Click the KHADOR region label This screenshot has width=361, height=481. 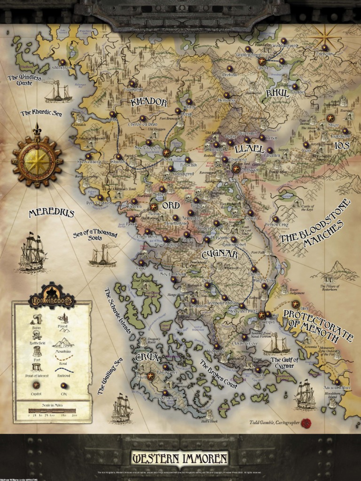point(149,102)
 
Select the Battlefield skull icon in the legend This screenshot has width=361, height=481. point(37,334)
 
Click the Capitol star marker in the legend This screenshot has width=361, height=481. point(37,385)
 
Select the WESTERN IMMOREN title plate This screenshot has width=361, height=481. point(180,458)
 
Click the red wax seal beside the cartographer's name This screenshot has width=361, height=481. point(306,423)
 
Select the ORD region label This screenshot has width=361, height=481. point(171,206)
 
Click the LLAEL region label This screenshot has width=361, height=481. point(249,148)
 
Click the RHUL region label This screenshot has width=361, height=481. point(277,93)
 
